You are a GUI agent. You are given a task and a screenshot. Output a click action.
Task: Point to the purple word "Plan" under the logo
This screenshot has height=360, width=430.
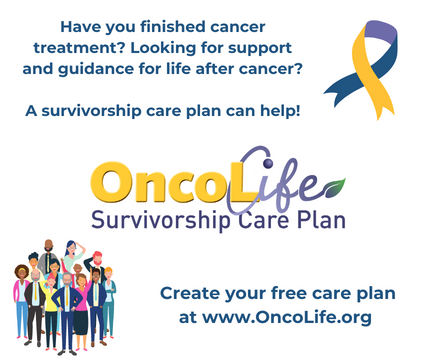coord(316,219)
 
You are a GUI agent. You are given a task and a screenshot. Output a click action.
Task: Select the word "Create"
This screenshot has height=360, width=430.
coord(193,294)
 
